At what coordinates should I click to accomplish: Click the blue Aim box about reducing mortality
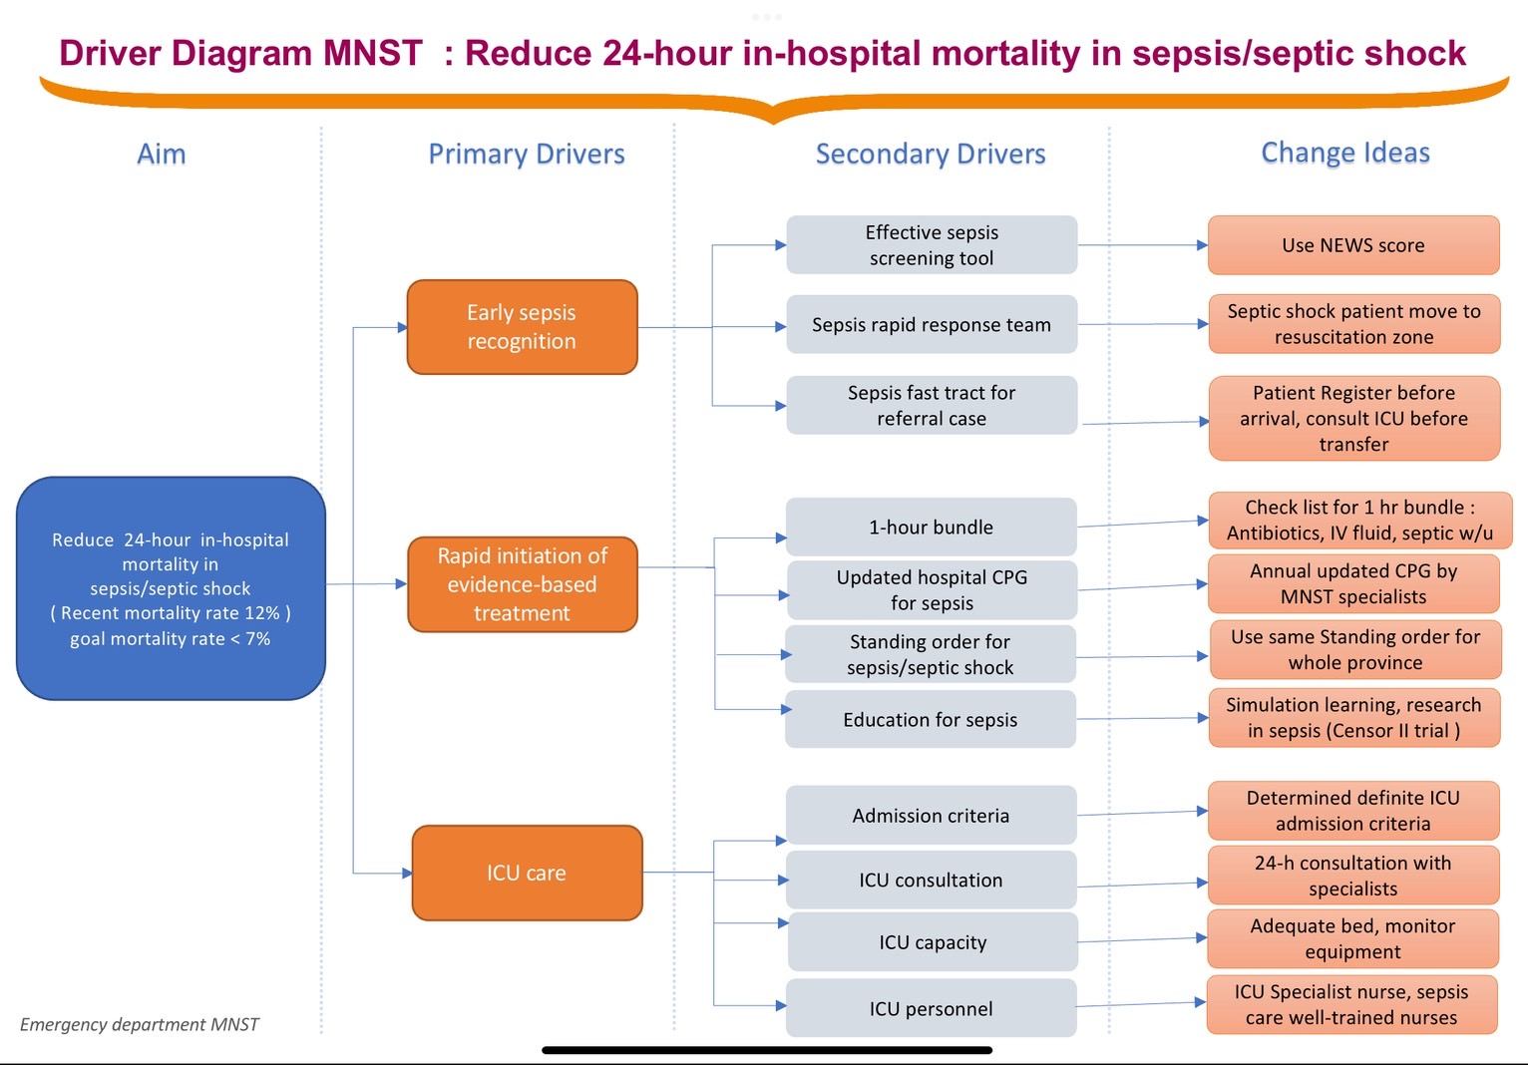pos(171,588)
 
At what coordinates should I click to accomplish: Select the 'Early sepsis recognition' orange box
pos(522,327)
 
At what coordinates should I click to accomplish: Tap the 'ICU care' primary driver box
pos(527,873)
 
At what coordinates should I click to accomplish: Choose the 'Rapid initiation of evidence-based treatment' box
pos(522,584)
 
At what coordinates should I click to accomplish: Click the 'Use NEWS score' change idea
pos(1352,245)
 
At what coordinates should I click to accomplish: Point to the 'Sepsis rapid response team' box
pos(931,324)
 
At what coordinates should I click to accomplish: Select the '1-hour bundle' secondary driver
pos(931,527)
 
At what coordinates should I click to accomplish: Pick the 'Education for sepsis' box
pos(930,719)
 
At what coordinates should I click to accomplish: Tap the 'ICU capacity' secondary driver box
pos(933,942)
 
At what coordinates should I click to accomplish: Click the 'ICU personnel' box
pos(931,1008)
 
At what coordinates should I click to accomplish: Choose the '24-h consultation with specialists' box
pos(1352,876)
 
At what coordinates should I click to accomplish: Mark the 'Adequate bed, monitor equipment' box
pos(1352,938)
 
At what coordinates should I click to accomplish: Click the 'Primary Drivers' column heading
pos(527,154)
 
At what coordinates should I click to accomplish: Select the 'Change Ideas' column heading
pos(1345,153)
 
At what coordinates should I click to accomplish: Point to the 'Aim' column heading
pos(161,154)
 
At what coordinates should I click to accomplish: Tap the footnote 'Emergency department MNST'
pos(139,1024)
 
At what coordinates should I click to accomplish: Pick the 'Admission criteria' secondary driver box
pos(931,815)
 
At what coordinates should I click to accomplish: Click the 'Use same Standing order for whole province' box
pos(1354,649)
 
